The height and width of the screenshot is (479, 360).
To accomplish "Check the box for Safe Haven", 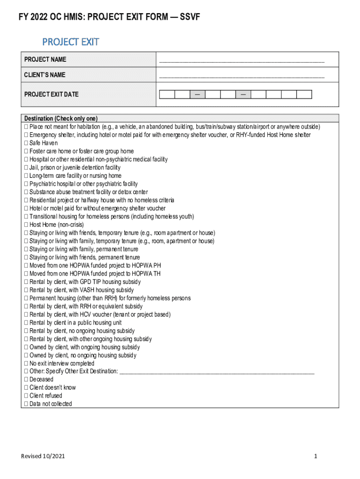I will tap(26, 143).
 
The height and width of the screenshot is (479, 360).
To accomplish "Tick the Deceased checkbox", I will tap(26, 379).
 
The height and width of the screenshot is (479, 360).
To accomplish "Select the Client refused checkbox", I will tap(26, 396).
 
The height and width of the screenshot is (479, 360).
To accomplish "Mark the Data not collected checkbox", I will tap(26, 404).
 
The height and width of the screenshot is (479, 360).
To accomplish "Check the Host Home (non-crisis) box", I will tap(26, 225).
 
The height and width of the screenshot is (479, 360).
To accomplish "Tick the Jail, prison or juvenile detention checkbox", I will tap(26, 167).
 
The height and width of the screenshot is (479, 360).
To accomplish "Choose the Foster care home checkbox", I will tap(26, 151).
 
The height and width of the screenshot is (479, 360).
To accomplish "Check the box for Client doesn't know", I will tap(26, 387).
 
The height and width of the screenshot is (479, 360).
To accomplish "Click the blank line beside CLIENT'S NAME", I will tap(241, 76).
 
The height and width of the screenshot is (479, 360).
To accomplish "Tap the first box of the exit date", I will tap(167, 94).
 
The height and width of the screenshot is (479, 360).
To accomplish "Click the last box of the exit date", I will tap(304, 94).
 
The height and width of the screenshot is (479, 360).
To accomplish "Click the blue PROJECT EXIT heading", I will tap(71, 42).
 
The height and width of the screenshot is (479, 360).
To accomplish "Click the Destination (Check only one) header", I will tap(61, 118).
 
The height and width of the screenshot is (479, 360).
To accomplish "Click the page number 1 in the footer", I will tap(316, 456).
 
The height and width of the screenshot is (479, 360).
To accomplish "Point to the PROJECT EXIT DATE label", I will tap(51, 94).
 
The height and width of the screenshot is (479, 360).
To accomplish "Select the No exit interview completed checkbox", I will tap(26, 363).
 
